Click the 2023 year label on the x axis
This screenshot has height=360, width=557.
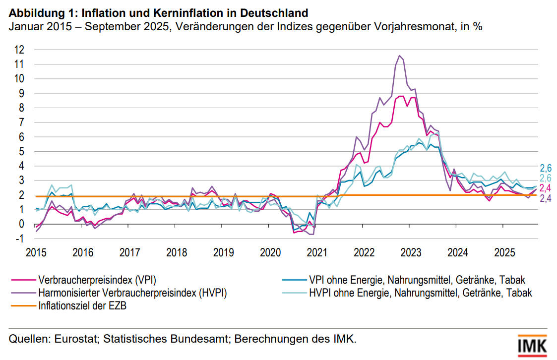(411, 252)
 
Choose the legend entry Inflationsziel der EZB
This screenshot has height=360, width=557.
(82, 305)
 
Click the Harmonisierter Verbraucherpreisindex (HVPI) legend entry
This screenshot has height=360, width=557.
(132, 293)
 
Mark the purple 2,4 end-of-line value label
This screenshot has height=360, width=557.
(546, 199)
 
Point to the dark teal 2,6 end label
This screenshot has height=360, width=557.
(546, 168)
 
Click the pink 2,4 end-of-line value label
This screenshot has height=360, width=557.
(546, 188)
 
